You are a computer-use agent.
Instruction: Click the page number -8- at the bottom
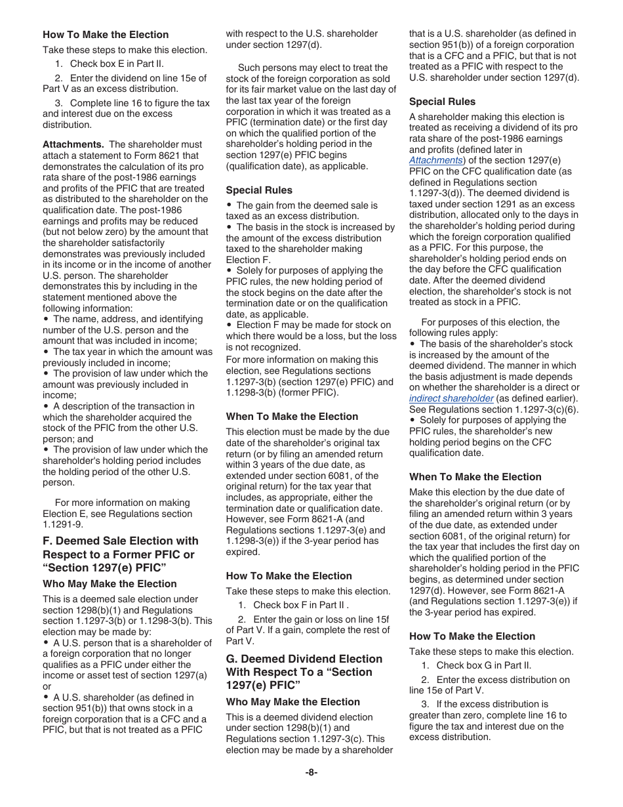click(311, 772)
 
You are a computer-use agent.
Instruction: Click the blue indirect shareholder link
click(451, 398)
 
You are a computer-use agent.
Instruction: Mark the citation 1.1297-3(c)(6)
click(531, 409)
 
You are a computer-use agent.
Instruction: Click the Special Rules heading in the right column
click(443, 102)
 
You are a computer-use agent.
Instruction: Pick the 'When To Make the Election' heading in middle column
click(292, 417)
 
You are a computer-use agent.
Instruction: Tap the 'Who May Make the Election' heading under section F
click(110, 584)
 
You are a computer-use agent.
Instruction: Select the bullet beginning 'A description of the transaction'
click(122, 406)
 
